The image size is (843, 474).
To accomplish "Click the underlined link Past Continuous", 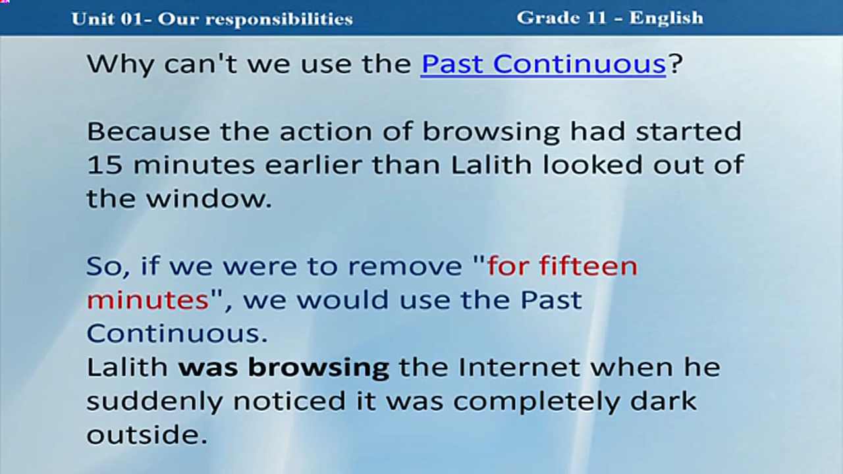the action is click(x=543, y=64).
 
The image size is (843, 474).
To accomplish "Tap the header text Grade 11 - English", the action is click(x=610, y=18).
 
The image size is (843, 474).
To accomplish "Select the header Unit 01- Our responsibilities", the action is click(x=212, y=19).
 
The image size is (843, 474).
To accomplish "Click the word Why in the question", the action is click(x=121, y=65).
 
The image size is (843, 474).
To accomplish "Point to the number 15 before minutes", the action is click(x=105, y=165).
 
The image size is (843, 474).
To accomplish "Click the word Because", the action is click(x=148, y=131).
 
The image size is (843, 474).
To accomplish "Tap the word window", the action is click(x=209, y=198).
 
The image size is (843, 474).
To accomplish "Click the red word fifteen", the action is click(x=589, y=265).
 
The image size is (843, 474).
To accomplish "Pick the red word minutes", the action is click(x=148, y=300).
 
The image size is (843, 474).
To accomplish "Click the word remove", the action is click(x=404, y=267).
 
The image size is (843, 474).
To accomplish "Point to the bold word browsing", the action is click(x=319, y=368).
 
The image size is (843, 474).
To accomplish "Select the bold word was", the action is click(x=208, y=368).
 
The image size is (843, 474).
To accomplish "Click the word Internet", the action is click(x=520, y=367).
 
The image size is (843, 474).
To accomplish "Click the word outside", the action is click(x=147, y=434).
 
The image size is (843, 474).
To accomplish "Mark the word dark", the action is click(x=663, y=400).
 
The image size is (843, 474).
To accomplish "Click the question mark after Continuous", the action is click(x=675, y=64).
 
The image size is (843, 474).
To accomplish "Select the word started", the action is click(x=688, y=131).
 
